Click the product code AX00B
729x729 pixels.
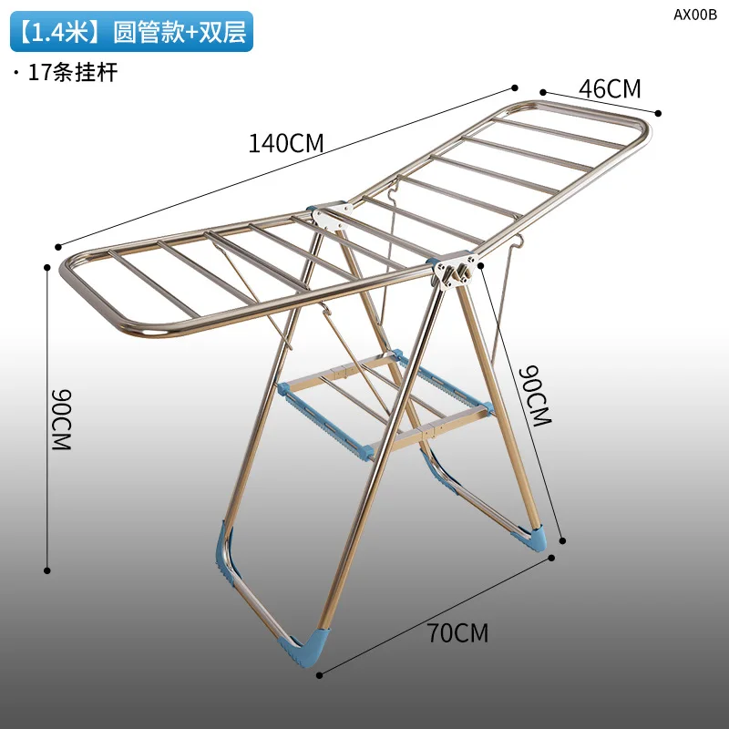[695, 14]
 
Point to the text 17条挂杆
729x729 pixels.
[73, 73]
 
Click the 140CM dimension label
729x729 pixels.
[286, 143]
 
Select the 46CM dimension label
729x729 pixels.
[611, 89]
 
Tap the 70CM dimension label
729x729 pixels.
[457, 632]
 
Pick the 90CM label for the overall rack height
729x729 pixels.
[61, 419]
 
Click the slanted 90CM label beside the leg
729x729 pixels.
[536, 396]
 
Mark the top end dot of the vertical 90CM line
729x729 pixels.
[47, 268]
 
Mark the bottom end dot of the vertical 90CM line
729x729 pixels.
[47, 570]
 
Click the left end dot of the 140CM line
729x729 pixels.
[58, 246]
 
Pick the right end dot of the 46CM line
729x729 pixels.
[659, 114]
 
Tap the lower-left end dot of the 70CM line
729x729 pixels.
[321, 673]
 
